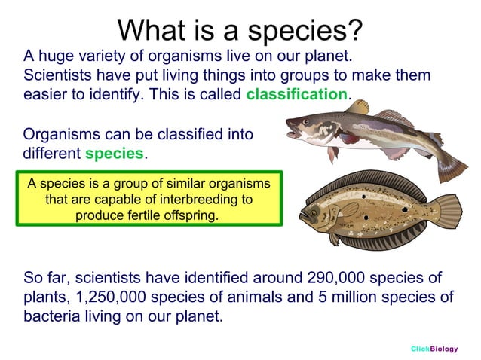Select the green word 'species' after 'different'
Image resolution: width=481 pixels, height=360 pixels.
click(114, 154)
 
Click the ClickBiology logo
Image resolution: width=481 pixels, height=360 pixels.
click(434, 349)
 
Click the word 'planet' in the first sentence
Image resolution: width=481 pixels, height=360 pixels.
click(329, 56)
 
